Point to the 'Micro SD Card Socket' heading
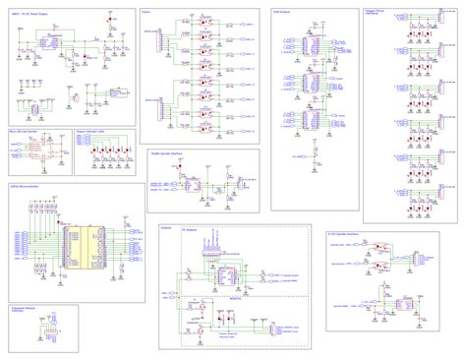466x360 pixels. click(x=24, y=129)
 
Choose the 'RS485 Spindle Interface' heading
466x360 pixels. click(x=169, y=153)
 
